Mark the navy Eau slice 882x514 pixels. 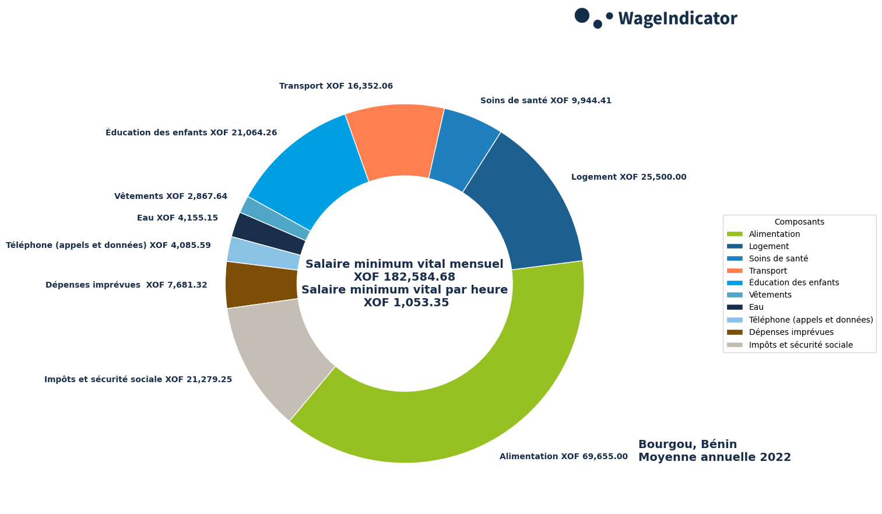click(268, 234)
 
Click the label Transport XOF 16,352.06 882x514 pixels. click(336, 86)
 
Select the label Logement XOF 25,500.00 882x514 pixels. click(628, 177)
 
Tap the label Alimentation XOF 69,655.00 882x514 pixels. click(563, 457)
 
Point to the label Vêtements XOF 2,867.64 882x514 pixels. click(171, 197)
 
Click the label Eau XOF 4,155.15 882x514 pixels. click(177, 218)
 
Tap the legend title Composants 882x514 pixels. click(799, 222)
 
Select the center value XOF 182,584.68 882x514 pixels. click(405, 277)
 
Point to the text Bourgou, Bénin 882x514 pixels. click(687, 445)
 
